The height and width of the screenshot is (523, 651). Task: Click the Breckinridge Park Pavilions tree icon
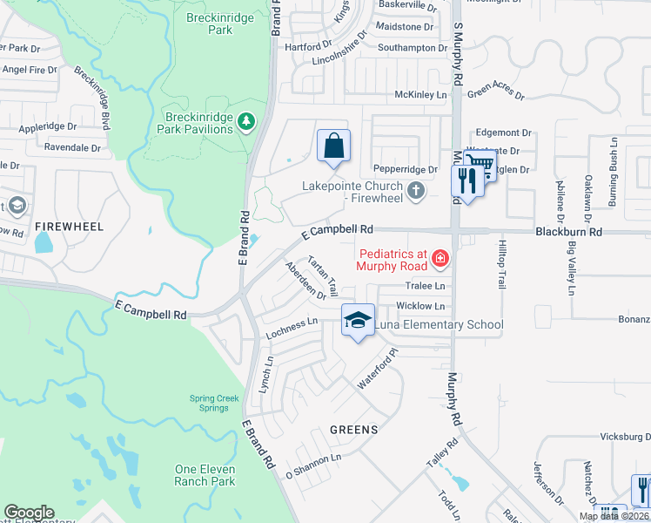click(247, 121)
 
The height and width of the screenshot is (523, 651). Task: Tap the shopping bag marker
click(334, 146)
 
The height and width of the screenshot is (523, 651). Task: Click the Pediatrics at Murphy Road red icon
click(440, 258)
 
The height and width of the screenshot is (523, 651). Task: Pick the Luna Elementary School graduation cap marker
click(357, 322)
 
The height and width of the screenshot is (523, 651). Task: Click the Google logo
click(29, 513)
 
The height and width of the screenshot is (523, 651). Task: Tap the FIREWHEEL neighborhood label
click(69, 227)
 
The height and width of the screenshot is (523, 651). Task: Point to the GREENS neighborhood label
click(353, 430)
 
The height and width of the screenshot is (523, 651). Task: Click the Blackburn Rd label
click(569, 233)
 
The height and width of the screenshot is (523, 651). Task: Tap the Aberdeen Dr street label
click(305, 281)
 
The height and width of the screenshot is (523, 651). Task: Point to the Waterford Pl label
click(377, 370)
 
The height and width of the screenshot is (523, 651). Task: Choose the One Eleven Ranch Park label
click(205, 475)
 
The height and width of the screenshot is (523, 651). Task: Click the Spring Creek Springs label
click(214, 404)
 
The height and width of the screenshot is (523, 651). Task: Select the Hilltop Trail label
click(501, 266)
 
